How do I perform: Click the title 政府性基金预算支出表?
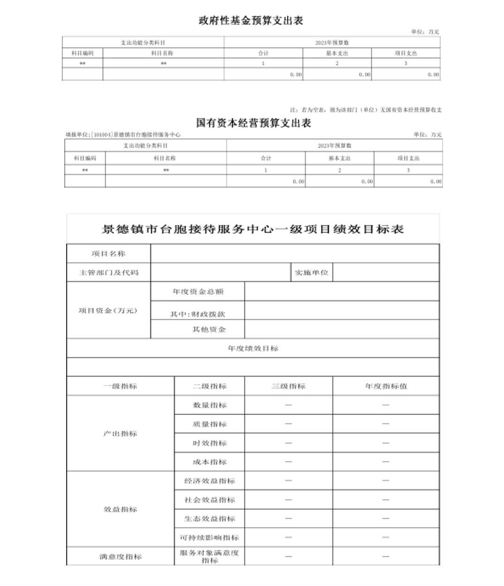251,21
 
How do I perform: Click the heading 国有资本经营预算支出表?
253,123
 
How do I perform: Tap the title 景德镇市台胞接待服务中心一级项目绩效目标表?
252,229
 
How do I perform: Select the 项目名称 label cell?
108,254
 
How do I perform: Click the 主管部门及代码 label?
109,272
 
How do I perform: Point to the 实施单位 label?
312,272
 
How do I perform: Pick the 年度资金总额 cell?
198,292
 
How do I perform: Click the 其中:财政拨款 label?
198,314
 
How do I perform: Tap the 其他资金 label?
209,329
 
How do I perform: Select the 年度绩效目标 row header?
253,348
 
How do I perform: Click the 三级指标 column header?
289,386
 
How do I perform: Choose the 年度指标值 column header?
386,386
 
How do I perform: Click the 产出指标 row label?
120,434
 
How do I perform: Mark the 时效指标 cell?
209,443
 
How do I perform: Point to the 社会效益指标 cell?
209,500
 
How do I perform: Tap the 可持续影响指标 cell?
209,537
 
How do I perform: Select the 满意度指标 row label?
120,556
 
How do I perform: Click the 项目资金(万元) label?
108,310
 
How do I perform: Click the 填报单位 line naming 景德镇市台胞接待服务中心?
123,135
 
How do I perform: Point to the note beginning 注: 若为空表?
366,110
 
